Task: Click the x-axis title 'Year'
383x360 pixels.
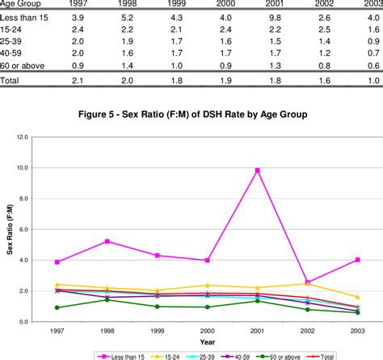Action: point(208,341)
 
